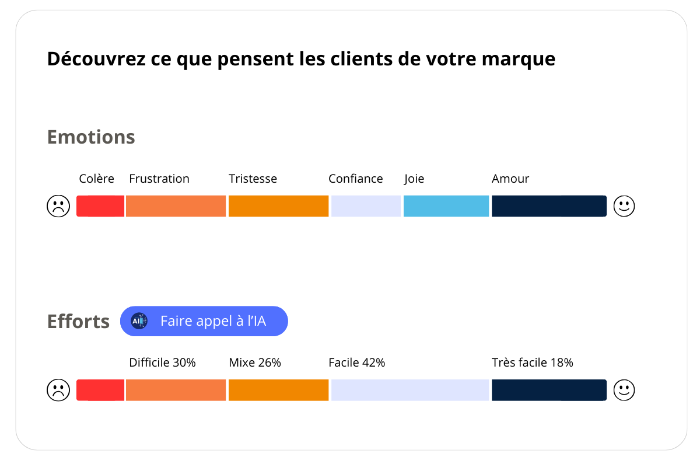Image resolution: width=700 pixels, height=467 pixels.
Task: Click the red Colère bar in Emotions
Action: pyautogui.click(x=100, y=206)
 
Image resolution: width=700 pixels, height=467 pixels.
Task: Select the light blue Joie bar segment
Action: pyautogui.click(x=446, y=206)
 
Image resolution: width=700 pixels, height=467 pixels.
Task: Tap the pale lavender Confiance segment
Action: pyautogui.click(x=366, y=206)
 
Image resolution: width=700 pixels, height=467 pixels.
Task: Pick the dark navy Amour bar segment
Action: pyautogui.click(x=549, y=206)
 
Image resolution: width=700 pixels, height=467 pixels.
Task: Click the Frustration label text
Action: pyautogui.click(x=159, y=179)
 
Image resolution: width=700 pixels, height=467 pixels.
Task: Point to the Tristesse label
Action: pyautogui.click(x=253, y=179)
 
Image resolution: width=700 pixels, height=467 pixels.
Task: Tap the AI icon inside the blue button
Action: pyautogui.click(x=139, y=321)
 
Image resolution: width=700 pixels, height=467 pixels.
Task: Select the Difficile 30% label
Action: pyautogui.click(x=162, y=363)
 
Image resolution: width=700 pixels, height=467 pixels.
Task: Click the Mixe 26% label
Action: pyautogui.click(x=255, y=363)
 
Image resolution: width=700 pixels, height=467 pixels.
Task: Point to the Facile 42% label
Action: pyautogui.click(x=357, y=363)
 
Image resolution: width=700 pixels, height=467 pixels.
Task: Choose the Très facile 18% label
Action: pyautogui.click(x=533, y=363)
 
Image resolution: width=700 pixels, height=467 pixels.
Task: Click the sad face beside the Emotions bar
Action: pyautogui.click(x=58, y=206)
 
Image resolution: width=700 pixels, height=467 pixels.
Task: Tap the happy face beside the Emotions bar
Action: pyautogui.click(x=624, y=206)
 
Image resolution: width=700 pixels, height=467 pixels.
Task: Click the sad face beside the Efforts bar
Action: pyautogui.click(x=58, y=390)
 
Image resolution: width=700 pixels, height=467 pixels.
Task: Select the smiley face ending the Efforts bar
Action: pyautogui.click(x=624, y=390)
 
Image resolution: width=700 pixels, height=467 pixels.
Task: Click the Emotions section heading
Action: pyautogui.click(x=91, y=137)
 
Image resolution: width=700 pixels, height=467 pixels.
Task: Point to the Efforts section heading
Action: pyautogui.click(x=78, y=322)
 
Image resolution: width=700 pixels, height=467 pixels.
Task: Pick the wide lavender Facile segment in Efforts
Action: pyautogui.click(x=409, y=390)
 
